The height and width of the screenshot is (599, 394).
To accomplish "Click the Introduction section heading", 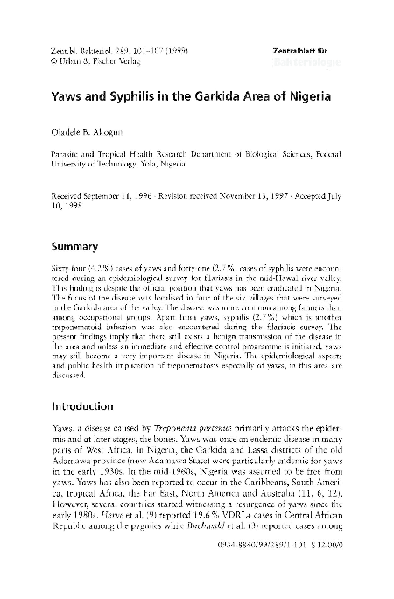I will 88,407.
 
